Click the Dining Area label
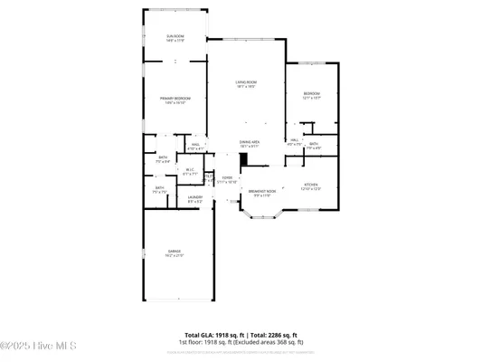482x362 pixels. [250, 143]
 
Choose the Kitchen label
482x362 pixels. [310, 187]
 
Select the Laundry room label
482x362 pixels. [194, 199]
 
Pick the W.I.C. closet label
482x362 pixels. [191, 171]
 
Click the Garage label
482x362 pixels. [175, 253]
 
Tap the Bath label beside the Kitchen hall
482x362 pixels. [313, 145]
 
